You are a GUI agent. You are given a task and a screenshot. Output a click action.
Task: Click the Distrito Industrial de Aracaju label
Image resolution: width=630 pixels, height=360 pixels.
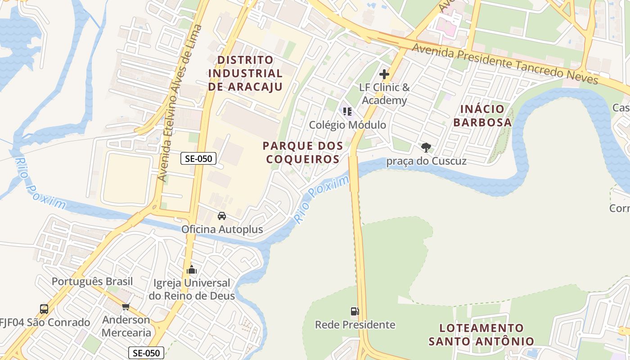coord(245,73)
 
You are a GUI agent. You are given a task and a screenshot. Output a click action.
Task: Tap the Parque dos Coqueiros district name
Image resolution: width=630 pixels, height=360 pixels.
coord(302,153)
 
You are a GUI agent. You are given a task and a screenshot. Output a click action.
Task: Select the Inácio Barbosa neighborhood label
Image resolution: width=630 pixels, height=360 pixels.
coord(482,116)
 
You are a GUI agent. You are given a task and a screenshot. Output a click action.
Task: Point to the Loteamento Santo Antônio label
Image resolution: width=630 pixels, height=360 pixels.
coord(481,334)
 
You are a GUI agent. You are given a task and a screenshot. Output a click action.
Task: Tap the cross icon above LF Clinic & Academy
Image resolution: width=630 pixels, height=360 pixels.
coord(384,74)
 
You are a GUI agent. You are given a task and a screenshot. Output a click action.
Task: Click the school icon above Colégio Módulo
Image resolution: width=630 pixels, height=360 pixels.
coord(347,111)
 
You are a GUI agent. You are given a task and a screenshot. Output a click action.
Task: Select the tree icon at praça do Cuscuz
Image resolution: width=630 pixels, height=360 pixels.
coord(426,147)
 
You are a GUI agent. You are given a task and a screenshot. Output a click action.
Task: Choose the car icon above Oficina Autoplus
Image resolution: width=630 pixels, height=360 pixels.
coord(222,216)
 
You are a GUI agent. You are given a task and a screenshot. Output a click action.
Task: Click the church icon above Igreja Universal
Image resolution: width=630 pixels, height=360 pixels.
coord(192,270)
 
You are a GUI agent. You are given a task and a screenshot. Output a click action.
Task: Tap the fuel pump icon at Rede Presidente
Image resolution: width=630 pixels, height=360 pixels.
coord(355,311)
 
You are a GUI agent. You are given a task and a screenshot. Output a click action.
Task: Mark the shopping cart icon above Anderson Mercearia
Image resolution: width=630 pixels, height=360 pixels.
coord(126,307)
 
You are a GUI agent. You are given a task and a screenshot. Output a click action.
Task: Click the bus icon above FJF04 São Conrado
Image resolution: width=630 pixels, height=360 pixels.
coord(44,309)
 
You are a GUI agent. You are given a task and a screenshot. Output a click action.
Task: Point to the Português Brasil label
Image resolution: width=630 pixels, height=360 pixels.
coord(92,282)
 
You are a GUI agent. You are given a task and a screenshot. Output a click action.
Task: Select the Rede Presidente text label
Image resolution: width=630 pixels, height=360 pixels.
coord(355,324)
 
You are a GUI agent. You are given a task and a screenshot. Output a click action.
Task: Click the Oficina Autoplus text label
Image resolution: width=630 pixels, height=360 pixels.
coord(222,229)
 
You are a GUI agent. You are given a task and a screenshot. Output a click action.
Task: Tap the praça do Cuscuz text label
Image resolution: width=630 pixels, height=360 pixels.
coord(426,161)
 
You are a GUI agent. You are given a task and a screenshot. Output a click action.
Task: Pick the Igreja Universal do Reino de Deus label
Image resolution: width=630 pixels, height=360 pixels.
coord(192,289)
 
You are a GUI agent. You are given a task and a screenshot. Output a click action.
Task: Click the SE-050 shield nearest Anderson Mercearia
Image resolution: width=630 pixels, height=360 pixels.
coord(146,353)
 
